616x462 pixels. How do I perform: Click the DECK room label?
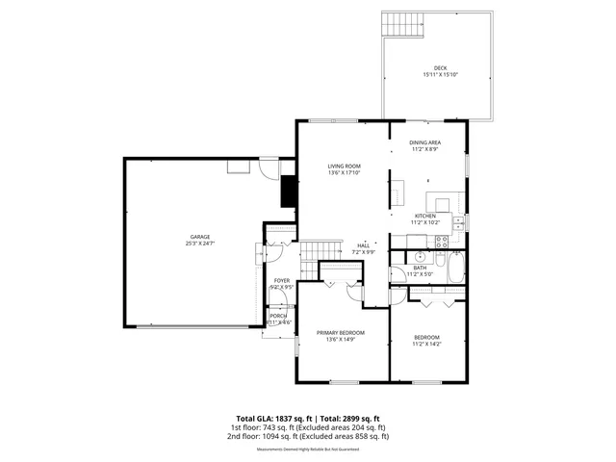(441, 68)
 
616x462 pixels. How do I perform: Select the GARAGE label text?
(200, 237)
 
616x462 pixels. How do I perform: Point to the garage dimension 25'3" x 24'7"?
(200, 244)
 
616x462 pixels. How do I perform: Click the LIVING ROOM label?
(344, 166)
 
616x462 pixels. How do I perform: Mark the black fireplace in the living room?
(287, 192)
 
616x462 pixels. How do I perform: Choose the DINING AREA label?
(425, 142)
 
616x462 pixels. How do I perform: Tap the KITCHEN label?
(425, 216)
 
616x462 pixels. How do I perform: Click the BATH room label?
(421, 268)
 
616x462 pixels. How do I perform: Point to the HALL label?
(364, 245)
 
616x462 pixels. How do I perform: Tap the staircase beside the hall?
(320, 253)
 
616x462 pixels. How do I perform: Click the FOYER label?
(281, 280)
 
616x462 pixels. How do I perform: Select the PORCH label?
(277, 316)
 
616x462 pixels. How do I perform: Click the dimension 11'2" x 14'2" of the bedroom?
(425, 344)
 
